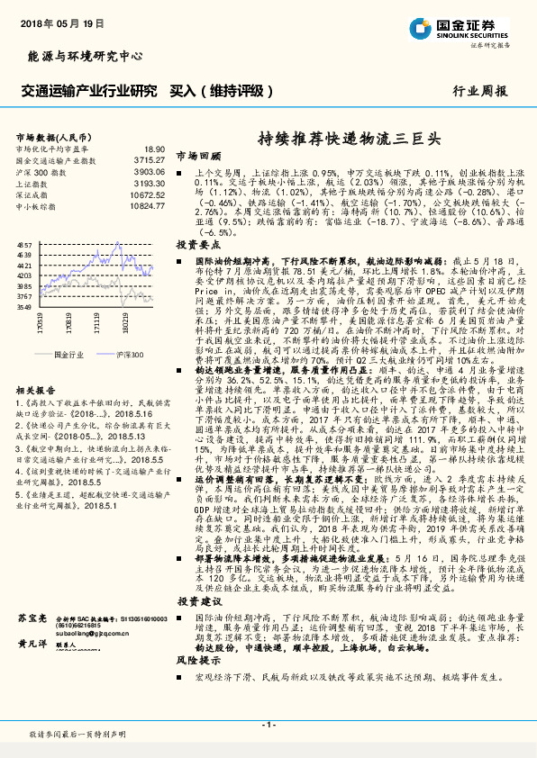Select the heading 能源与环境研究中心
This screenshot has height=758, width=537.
(x=86, y=57)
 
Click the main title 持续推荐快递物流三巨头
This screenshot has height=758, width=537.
(x=348, y=140)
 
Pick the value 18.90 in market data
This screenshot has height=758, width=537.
(x=153, y=149)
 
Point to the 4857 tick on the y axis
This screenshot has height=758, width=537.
(x=24, y=244)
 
